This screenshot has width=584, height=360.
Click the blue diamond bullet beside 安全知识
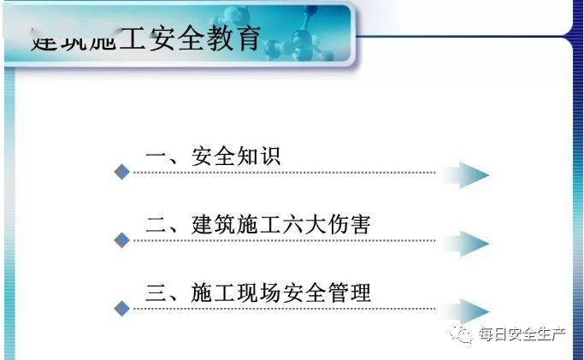pyautogui.click(x=122, y=173)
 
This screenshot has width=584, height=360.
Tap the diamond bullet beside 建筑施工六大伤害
pyautogui.click(x=121, y=241)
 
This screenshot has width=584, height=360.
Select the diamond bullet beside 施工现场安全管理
pyautogui.click(x=121, y=309)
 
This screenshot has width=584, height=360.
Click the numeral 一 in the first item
pyautogui.click(x=156, y=157)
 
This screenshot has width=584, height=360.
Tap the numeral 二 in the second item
pyautogui.click(x=156, y=225)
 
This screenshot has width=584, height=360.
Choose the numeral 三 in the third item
pyautogui.click(x=156, y=293)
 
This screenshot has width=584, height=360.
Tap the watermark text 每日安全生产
pyautogui.click(x=522, y=333)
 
